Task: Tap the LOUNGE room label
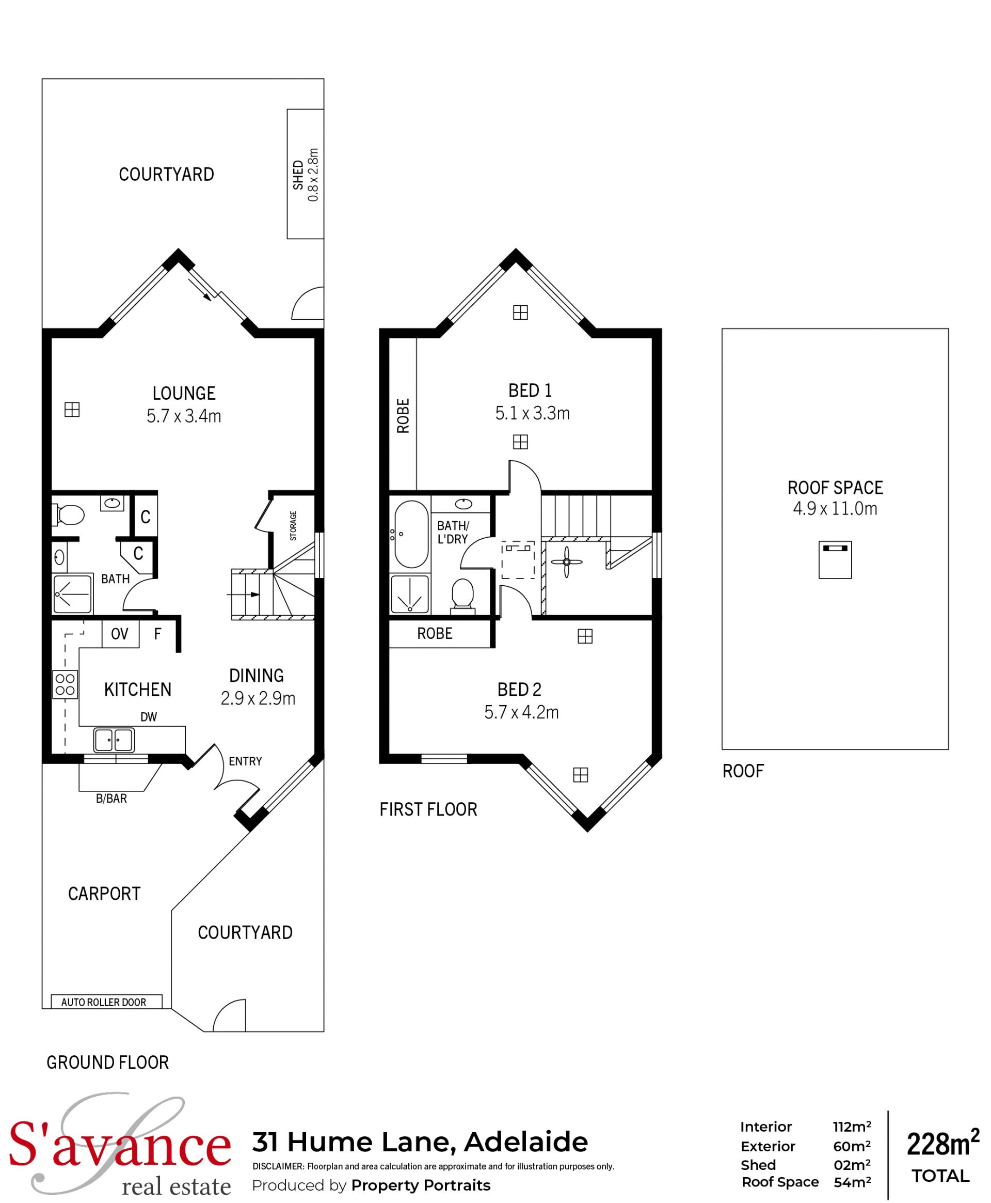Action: [184, 393]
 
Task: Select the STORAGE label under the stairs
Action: [293, 525]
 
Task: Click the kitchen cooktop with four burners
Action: [65, 684]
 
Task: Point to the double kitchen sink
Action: [114, 740]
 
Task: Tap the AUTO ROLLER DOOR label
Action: [104, 1002]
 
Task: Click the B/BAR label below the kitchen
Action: [111, 799]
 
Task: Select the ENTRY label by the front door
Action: [246, 761]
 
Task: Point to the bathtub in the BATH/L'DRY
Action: [410, 534]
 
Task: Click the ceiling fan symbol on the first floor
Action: [566, 562]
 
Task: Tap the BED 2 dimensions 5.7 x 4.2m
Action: [521, 712]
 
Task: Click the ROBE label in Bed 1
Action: [403, 416]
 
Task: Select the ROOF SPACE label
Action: [835, 488]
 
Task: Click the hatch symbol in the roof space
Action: [835, 560]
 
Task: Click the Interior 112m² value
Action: [852, 1127]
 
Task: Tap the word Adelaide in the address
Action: [526, 1142]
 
